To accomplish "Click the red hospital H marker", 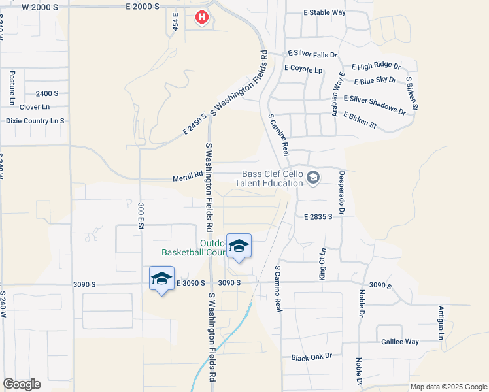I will (x=203, y=18).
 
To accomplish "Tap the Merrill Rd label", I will (x=188, y=175).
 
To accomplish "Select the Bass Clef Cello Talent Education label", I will (x=274, y=179).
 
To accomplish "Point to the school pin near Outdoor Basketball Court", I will (x=239, y=246).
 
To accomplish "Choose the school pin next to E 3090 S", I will (x=161, y=279).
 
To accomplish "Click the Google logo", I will (x=22, y=384).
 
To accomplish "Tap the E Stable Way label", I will (x=325, y=12).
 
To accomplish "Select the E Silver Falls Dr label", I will (x=312, y=56).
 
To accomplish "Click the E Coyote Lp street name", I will (x=303, y=69).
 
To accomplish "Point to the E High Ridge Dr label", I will (x=376, y=66).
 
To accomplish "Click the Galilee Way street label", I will (x=400, y=342).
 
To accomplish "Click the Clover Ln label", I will (x=35, y=106).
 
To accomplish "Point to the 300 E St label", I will (x=141, y=216).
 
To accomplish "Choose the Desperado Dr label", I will (x=341, y=193).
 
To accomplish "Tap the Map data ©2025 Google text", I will (x=448, y=387).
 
